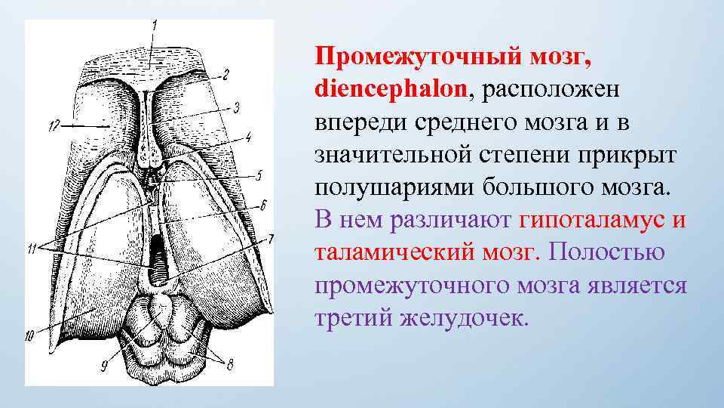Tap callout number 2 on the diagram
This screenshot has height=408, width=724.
point(224,74)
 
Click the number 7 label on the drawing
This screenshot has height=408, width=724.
point(271,239)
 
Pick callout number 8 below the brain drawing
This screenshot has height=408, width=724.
point(229,364)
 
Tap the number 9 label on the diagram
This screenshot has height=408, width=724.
point(106,366)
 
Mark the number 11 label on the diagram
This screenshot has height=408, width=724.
point(32,250)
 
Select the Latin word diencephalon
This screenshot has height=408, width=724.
point(391,90)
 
